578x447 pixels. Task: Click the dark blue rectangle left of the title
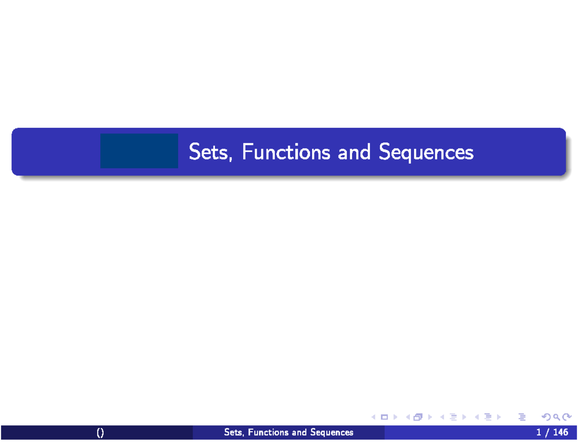[139, 151]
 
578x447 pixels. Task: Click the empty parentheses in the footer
[100, 433]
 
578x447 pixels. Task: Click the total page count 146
[561, 433]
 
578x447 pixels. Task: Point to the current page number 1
[539, 433]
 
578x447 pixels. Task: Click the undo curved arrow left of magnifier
[546, 417]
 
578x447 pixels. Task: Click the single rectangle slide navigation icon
[384, 417]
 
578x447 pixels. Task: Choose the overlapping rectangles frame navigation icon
[417, 417]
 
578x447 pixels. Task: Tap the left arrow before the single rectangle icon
[374, 417]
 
